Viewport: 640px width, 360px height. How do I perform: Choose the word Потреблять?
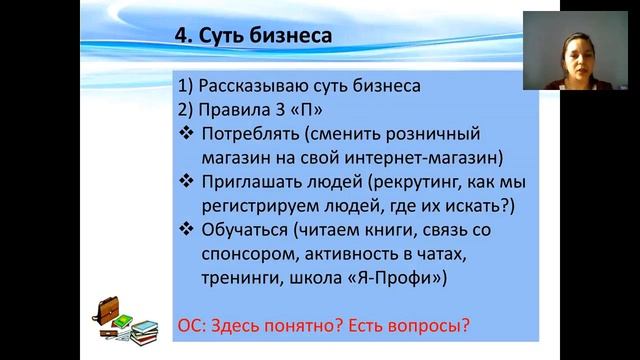click(254, 133)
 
